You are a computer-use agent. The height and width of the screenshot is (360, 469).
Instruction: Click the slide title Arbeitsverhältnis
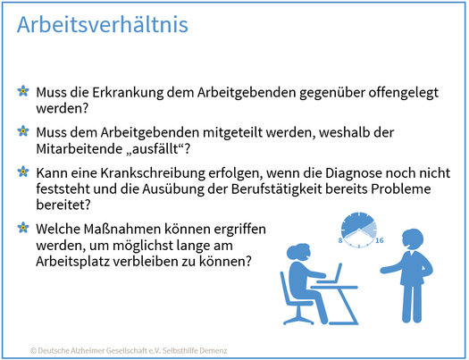(x=103, y=24)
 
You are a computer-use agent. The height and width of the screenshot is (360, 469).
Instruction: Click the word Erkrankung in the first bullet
(x=128, y=92)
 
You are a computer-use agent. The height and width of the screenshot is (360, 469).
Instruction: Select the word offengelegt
(x=404, y=93)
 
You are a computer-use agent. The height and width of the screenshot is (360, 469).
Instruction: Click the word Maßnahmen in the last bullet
(x=119, y=230)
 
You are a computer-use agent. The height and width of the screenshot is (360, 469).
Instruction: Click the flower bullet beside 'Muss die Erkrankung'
(x=23, y=91)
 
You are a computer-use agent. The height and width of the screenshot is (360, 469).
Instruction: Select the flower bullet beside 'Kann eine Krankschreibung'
(x=23, y=172)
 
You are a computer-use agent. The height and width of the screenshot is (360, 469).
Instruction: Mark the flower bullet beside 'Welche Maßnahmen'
(x=23, y=228)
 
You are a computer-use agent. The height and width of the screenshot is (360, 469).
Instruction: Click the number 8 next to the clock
(x=340, y=240)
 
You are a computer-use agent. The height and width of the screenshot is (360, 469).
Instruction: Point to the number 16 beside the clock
(x=380, y=240)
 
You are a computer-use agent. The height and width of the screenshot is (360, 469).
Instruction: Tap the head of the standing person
(x=413, y=239)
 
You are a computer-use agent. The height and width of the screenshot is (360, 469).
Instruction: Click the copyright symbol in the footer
(x=33, y=350)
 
